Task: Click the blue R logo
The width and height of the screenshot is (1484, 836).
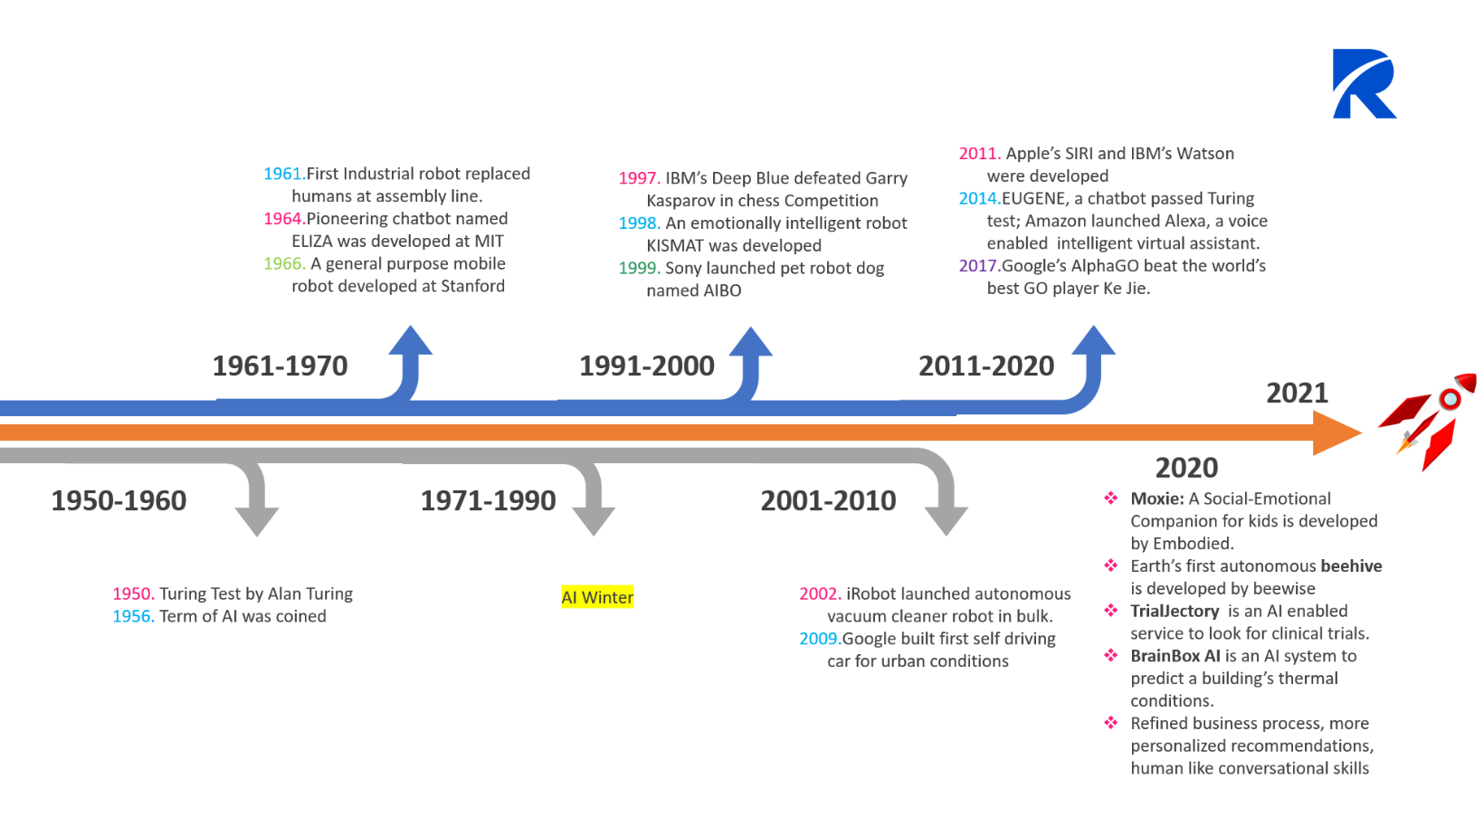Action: (1363, 84)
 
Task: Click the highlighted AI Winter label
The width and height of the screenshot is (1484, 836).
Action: (597, 597)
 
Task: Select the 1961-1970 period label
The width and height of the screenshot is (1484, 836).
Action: (280, 366)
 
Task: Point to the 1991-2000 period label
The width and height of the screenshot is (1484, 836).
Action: (647, 366)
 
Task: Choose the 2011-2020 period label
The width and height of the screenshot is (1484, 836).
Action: (986, 366)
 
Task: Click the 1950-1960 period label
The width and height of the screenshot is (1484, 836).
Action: (119, 500)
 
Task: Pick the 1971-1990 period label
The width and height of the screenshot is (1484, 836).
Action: (488, 500)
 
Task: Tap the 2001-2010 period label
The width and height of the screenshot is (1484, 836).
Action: (828, 500)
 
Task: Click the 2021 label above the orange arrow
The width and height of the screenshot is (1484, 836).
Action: (1297, 393)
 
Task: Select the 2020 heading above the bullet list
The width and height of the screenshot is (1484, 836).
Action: (1186, 468)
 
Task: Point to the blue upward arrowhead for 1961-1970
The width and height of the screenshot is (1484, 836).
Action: (411, 342)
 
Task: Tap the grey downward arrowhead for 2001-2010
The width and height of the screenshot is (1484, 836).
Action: (946, 520)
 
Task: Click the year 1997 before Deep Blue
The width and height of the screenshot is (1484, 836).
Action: (638, 178)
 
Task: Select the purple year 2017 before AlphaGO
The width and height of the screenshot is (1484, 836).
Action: (978, 266)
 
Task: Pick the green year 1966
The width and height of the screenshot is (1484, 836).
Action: (283, 264)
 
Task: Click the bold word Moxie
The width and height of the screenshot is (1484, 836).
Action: (1156, 499)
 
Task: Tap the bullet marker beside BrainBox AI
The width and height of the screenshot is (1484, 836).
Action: (1110, 655)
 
